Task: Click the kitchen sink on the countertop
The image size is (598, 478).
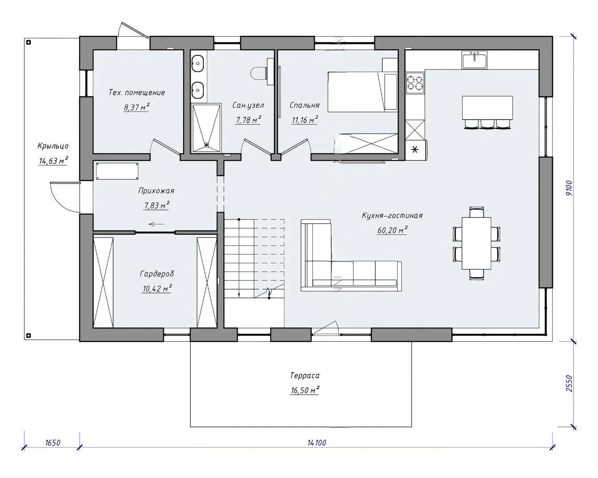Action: click(474, 60)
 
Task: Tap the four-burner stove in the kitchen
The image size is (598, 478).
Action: click(415, 82)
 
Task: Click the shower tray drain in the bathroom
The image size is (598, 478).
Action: click(206, 144)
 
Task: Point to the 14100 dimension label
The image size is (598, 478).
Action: click(317, 443)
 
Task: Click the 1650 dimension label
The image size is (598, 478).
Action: click(53, 443)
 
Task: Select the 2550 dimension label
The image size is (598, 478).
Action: click(569, 384)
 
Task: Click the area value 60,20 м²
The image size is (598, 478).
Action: click(392, 230)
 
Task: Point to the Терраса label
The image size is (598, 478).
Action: click(305, 375)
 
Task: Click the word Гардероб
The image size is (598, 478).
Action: click(157, 274)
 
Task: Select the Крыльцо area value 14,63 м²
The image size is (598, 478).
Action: click(53, 161)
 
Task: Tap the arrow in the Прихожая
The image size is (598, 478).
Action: click(157, 224)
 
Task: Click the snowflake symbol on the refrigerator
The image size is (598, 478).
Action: click(415, 150)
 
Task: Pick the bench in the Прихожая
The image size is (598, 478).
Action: click(117, 171)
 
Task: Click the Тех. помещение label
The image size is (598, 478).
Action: click(137, 93)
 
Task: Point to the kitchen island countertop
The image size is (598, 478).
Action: click(487, 108)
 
